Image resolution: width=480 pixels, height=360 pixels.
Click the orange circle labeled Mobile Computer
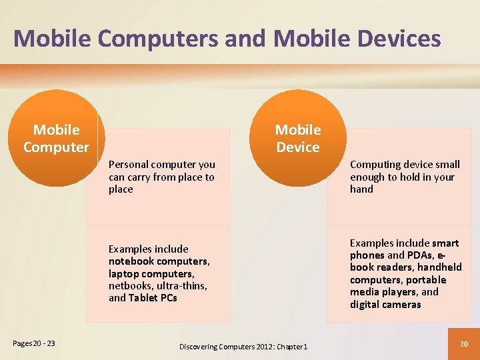point(57,139)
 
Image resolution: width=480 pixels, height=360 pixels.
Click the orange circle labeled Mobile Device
point(298,139)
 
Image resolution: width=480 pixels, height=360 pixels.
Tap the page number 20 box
point(465,344)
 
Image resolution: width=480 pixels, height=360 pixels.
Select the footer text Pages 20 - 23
point(34,344)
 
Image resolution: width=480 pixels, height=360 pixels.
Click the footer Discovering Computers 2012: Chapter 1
point(243,347)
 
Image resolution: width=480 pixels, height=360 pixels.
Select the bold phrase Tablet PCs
point(153,298)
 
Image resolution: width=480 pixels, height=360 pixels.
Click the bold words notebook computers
point(159,261)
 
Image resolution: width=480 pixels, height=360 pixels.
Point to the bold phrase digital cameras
point(385,305)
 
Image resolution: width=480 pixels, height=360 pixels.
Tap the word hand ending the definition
point(361,189)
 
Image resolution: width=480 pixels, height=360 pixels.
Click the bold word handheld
point(439,267)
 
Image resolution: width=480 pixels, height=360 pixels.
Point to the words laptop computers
point(151,274)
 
